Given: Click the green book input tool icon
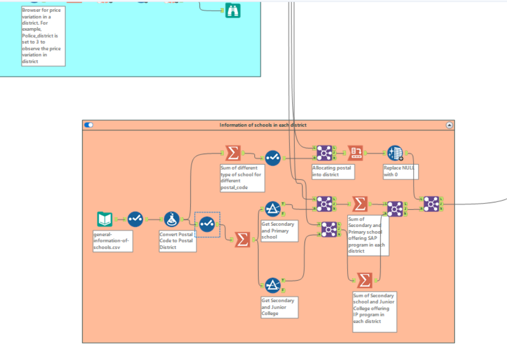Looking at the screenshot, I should (105, 219).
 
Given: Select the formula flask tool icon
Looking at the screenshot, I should (171, 219).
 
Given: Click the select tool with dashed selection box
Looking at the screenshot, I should (207, 224).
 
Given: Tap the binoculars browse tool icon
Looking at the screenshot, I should (233, 10).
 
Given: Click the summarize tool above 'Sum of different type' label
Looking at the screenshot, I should (233, 153).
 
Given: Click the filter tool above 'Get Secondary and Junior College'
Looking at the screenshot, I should (273, 285).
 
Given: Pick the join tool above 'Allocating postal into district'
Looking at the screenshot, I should (324, 153).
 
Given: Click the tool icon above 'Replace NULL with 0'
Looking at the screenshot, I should (395, 153).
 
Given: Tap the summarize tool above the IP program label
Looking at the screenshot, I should (364, 280).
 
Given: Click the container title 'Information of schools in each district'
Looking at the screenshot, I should (263, 125).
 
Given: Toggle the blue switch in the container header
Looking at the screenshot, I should (88, 125).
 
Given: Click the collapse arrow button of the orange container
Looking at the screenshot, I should (449, 125).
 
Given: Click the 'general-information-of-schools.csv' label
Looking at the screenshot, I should (112, 241).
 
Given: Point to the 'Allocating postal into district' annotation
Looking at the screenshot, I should (331, 171).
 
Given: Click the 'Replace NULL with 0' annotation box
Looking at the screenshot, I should (400, 171).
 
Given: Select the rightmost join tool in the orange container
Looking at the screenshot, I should (431, 203).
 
